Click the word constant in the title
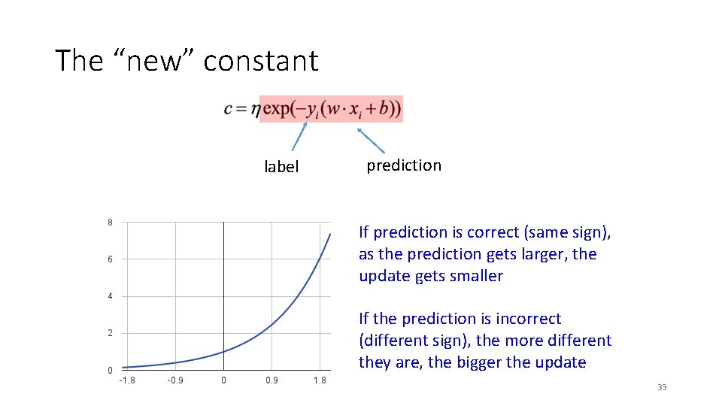pos(261,61)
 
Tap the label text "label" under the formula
pos(281,167)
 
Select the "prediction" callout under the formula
pos(404,165)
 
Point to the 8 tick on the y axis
pos(110,223)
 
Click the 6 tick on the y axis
pos(110,259)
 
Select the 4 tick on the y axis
pos(110,296)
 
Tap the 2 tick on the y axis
pos(110,333)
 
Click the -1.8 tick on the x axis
pos(127,380)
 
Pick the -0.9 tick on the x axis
pos(175,380)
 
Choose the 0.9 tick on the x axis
pos(272,380)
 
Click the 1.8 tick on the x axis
pos(320,380)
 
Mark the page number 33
pos(662,387)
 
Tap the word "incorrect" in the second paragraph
pos(527,319)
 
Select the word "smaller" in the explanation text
pos(475,276)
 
